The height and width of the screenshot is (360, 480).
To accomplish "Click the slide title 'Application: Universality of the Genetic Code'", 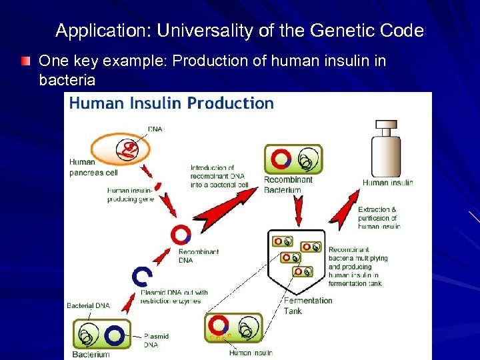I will tap(239, 31).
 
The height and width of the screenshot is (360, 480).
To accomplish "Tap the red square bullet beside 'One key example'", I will tap(26, 62).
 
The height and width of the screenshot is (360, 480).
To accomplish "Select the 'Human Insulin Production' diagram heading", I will tap(172, 103).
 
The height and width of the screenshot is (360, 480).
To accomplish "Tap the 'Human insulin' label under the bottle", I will tap(387, 182).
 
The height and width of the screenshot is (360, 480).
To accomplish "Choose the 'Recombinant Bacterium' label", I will tap(288, 185).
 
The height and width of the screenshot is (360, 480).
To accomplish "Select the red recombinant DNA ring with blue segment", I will tap(181, 235).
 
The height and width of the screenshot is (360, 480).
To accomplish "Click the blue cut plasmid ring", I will tap(143, 276).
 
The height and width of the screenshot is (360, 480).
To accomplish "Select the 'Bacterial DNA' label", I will tap(88, 306).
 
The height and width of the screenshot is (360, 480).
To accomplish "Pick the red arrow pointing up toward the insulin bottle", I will tap(345, 209).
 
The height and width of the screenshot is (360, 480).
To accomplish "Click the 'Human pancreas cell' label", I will tap(91, 167).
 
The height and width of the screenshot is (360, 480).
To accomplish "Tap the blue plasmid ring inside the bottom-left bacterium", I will tap(114, 335).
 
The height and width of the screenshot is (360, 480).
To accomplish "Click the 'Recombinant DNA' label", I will tap(198, 256).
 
